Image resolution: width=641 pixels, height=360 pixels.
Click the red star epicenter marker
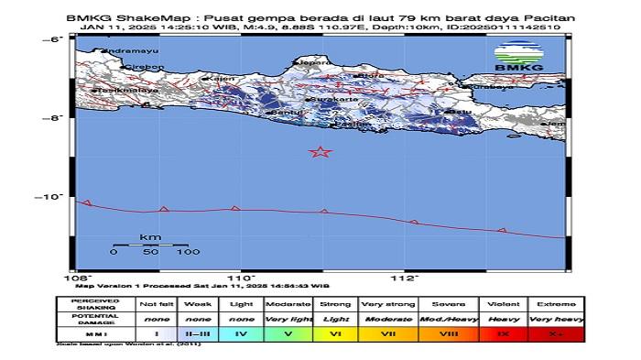(320, 152)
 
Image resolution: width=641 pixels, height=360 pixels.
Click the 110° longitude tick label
(242, 278)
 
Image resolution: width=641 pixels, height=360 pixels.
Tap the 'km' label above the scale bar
(150, 237)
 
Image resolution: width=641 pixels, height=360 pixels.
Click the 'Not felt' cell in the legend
(157, 303)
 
